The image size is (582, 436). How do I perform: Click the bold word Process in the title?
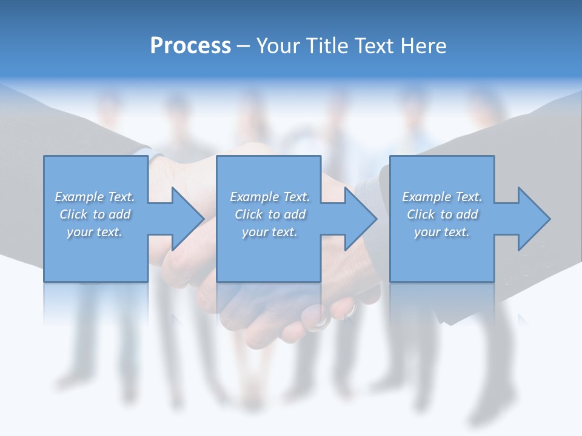pyautogui.click(x=190, y=46)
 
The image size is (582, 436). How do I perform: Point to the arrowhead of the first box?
pyautogui.click(x=186, y=219)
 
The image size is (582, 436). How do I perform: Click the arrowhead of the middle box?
pyautogui.click(x=358, y=219)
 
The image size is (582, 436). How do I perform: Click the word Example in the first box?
pyautogui.click(x=79, y=197)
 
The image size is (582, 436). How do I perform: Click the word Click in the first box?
pyautogui.click(x=73, y=214)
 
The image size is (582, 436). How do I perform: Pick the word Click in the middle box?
pyautogui.click(x=249, y=214)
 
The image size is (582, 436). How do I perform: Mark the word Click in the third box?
pyautogui.click(x=421, y=214)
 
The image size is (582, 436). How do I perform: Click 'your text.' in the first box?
pyautogui.click(x=95, y=232)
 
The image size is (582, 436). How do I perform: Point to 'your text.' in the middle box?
pyautogui.click(x=270, y=232)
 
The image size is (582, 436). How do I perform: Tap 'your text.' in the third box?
pyautogui.click(x=442, y=232)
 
